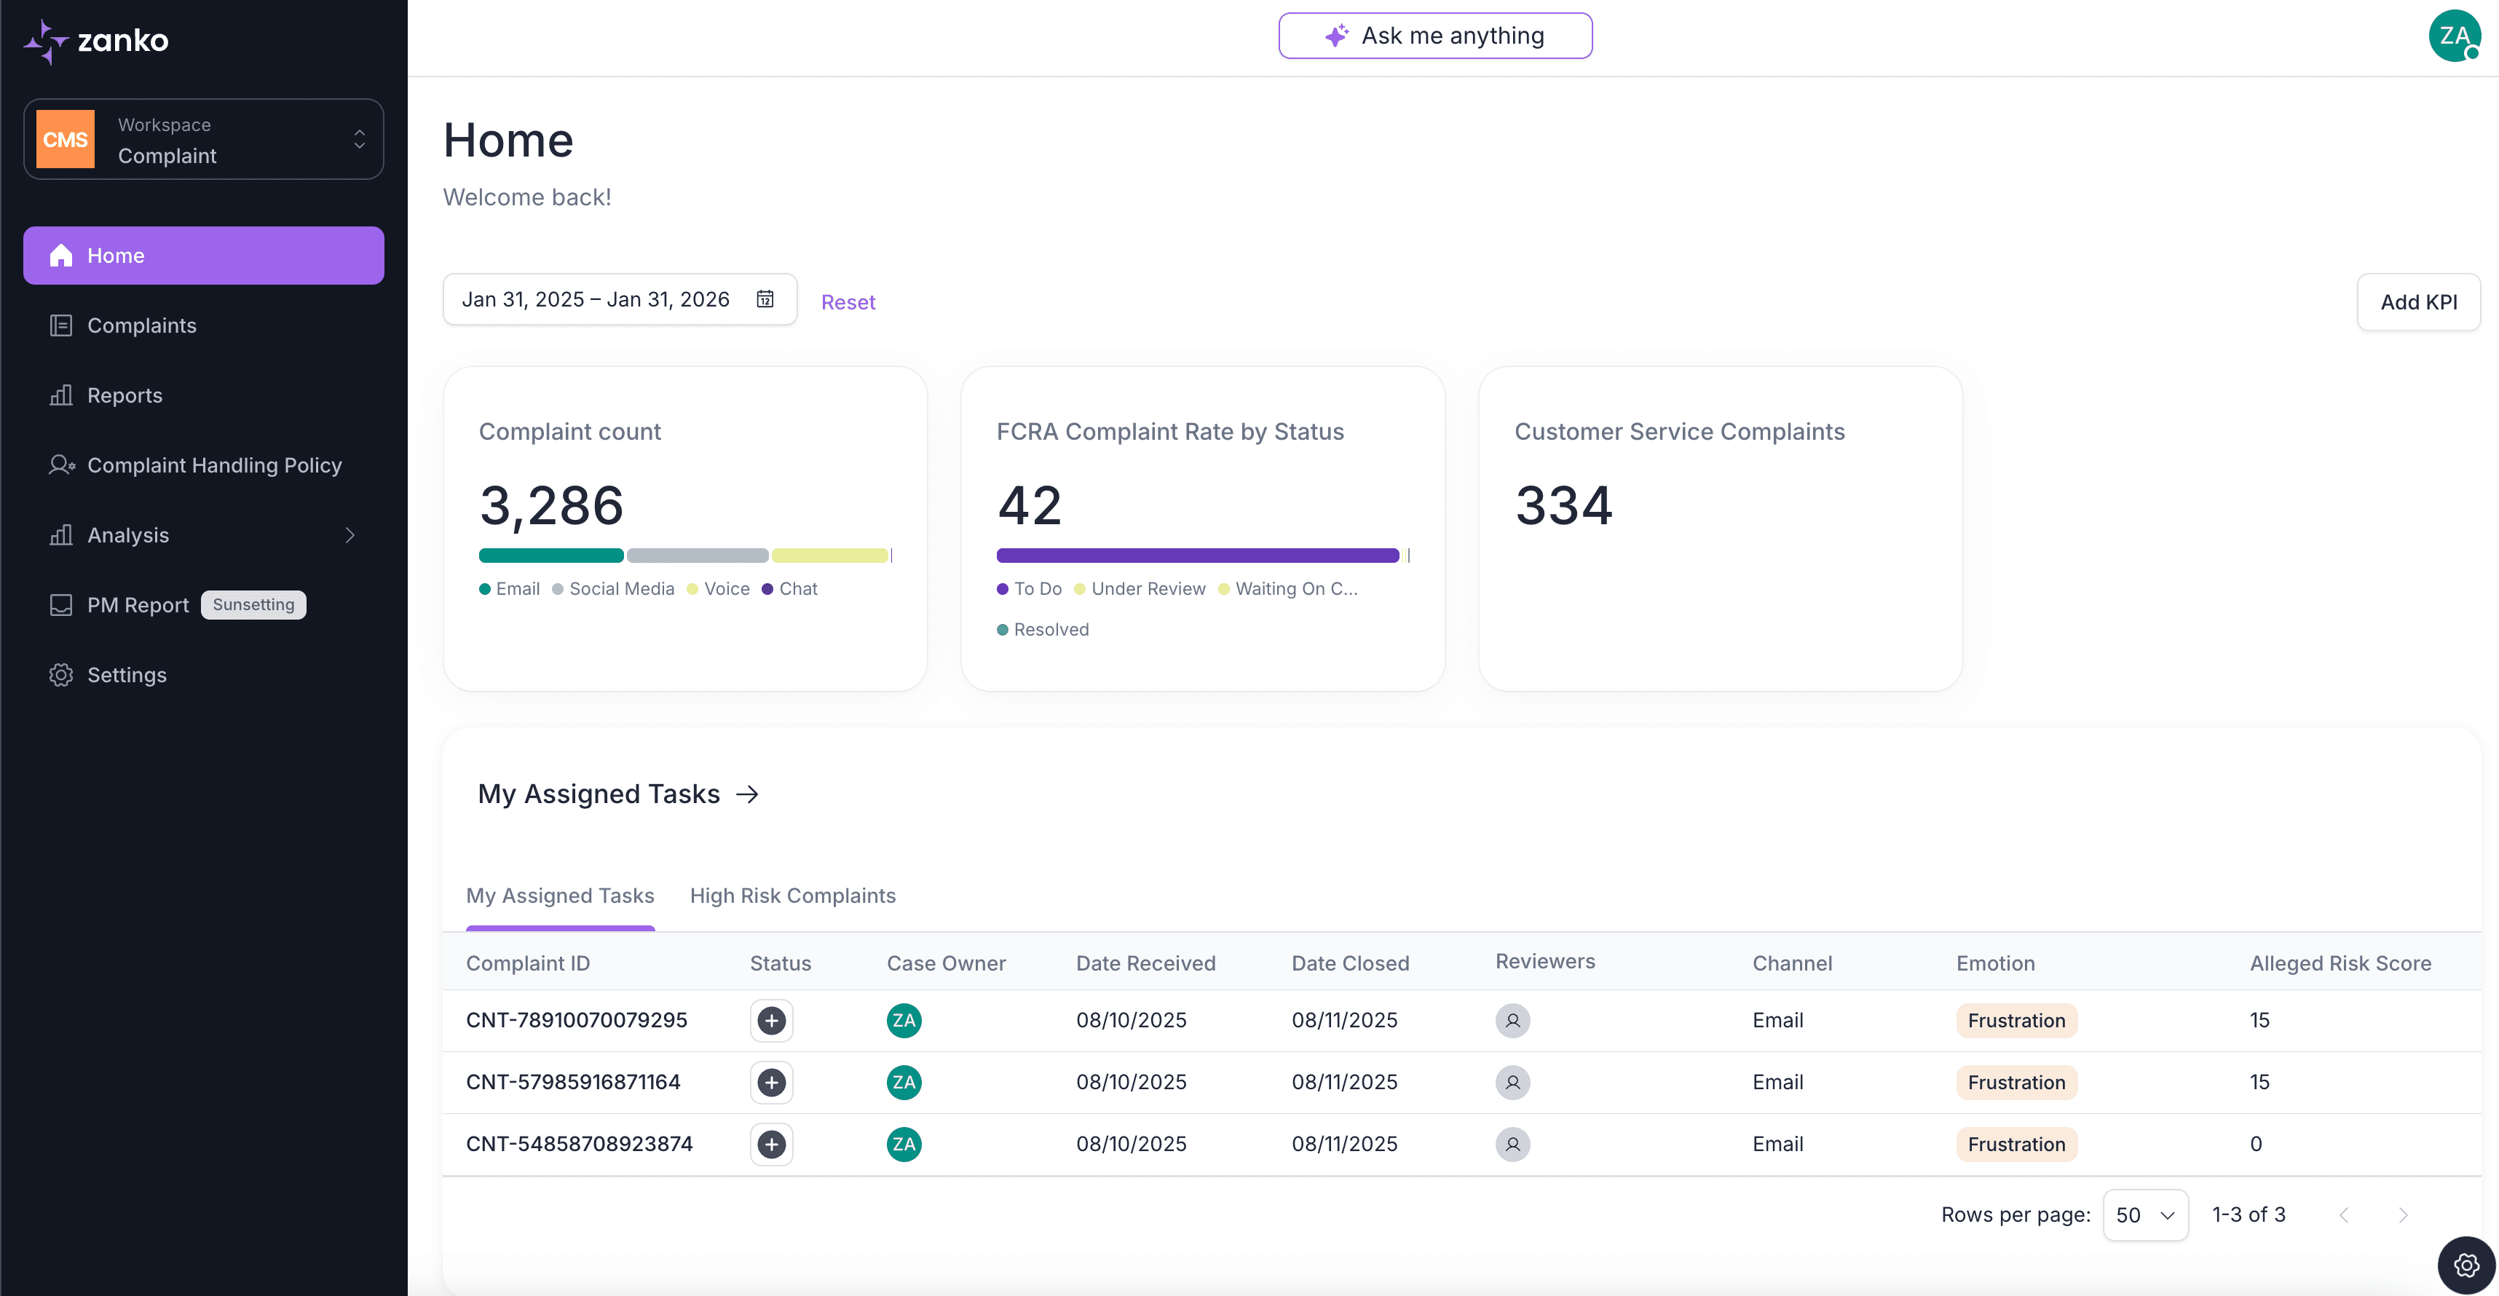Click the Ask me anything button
pyautogui.click(x=1434, y=36)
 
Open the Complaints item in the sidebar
pyautogui.click(x=142, y=326)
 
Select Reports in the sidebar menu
pyautogui.click(x=125, y=396)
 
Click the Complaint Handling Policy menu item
pyautogui.click(x=213, y=466)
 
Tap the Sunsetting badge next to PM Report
pyautogui.click(x=253, y=605)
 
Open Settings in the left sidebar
pyautogui.click(x=126, y=675)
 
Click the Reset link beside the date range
pyautogui.click(x=848, y=303)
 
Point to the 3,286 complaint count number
pyautogui.click(x=551, y=505)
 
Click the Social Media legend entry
pyautogui.click(x=621, y=589)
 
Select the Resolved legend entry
pyautogui.click(x=1051, y=630)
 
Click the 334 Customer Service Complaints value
pyautogui.click(x=1564, y=505)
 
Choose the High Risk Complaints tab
pyautogui.click(x=792, y=896)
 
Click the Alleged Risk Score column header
pyautogui.click(x=2340, y=963)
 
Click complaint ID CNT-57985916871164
pyautogui.click(x=573, y=1082)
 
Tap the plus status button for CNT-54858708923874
pyautogui.click(x=771, y=1145)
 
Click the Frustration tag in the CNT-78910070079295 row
pyautogui.click(x=2016, y=1021)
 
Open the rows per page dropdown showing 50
pyautogui.click(x=2145, y=1214)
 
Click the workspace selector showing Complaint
pyautogui.click(x=204, y=140)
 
